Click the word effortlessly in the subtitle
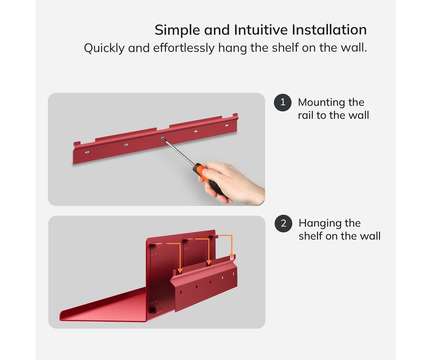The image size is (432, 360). [x=184, y=48]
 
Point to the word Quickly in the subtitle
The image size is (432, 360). [x=104, y=48]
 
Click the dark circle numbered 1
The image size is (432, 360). [x=282, y=103]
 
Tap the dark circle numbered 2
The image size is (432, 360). [x=283, y=223]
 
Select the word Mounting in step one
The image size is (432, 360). [x=321, y=103]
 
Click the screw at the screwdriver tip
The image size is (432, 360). [x=163, y=138]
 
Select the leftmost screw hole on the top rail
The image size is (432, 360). [x=87, y=152]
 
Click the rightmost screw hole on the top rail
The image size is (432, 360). [x=227, y=126]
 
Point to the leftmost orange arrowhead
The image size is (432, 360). [x=180, y=271]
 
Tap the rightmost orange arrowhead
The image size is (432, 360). [x=232, y=257]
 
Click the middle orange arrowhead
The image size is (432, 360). [x=209, y=262]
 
